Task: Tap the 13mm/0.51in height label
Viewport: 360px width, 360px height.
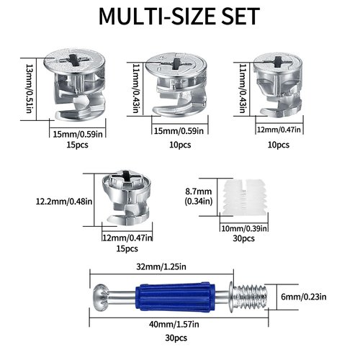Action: tap(29, 89)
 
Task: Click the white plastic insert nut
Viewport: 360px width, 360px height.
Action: tap(244, 197)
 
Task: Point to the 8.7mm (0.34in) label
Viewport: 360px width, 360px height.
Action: tap(199, 196)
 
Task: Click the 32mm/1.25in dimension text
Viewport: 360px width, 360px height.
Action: tap(161, 266)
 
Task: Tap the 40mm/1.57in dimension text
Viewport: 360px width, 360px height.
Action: tap(174, 324)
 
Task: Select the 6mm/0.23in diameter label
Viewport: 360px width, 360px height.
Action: tap(304, 297)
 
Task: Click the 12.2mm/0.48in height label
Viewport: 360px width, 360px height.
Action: tap(64, 201)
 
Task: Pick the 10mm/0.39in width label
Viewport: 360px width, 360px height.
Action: tap(244, 228)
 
